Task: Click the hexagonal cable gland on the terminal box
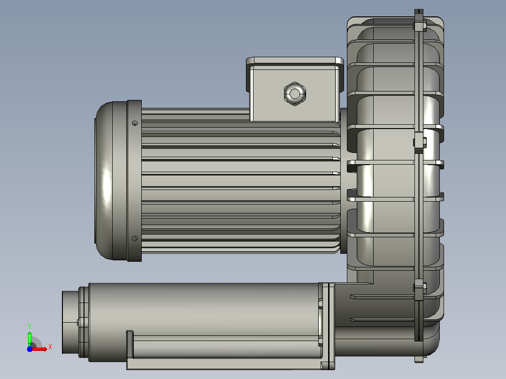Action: pos(295,93)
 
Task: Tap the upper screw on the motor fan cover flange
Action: pos(135,123)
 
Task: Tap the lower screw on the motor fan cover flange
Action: pos(135,238)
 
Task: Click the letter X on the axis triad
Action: pos(50,347)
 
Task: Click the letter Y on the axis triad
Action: pos(30,326)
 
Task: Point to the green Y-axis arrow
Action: pos(30,339)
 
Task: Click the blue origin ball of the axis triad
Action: pos(30,349)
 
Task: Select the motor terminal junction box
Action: pos(294,90)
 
